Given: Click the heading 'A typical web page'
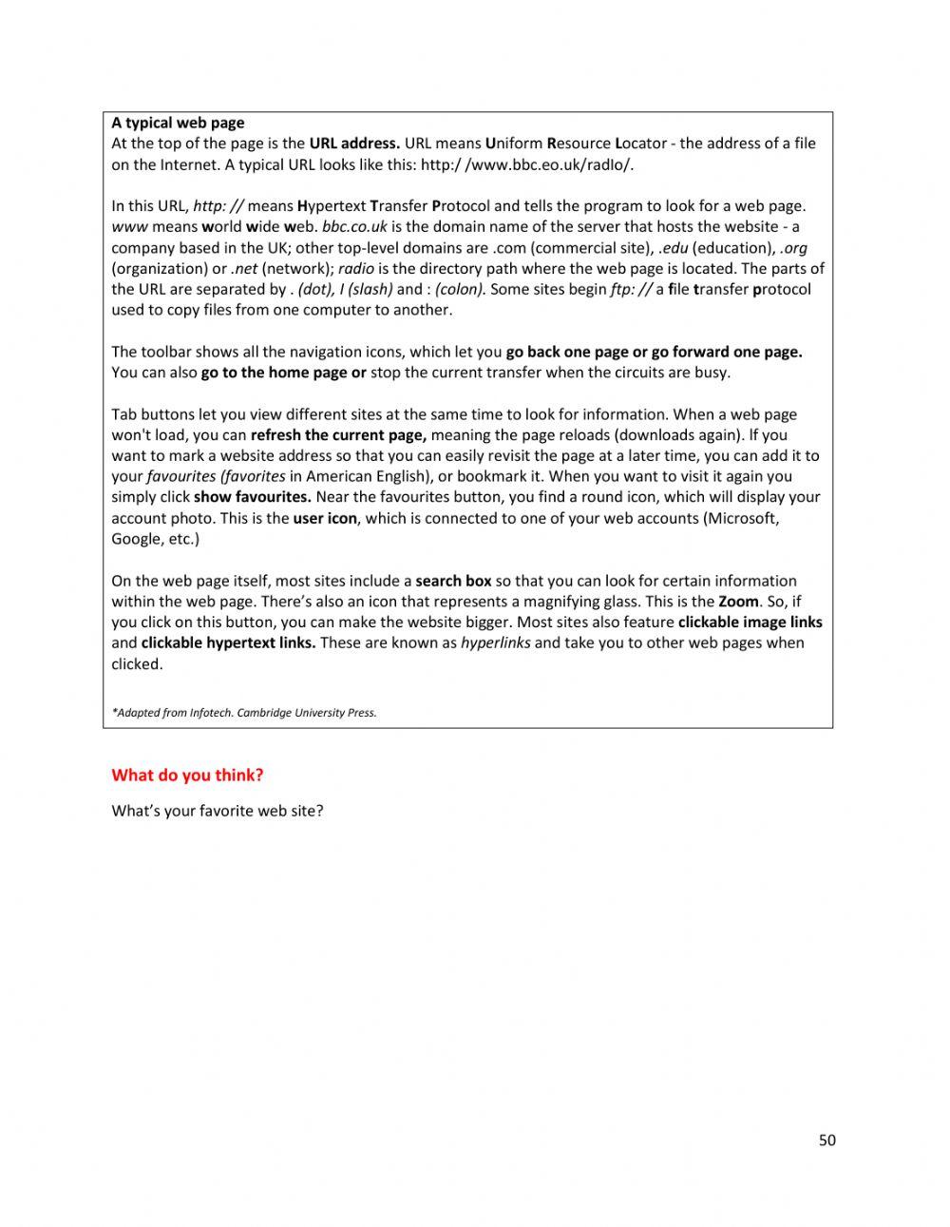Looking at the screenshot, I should (178, 123).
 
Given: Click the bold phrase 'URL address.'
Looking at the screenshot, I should (354, 144).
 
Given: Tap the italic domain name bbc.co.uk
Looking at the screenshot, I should (354, 227).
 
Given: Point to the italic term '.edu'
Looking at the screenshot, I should (673, 248).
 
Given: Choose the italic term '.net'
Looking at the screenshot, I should (244, 269).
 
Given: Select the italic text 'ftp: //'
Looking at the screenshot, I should (631, 290).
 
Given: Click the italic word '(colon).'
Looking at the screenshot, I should (460, 290).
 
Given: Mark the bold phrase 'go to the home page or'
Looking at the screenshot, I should (283, 373).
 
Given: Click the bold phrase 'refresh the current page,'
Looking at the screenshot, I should (339, 435).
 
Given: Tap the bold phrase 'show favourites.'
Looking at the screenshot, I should (253, 497).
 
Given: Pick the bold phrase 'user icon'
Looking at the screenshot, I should (325, 518).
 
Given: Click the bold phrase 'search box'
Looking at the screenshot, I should (453, 581).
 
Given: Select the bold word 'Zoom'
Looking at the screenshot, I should (738, 602).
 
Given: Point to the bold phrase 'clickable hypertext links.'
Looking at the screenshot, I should (228, 643).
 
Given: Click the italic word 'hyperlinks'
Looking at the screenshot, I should (495, 643).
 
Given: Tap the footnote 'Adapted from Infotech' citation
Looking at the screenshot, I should (244, 713).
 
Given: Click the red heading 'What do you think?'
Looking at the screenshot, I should (187, 776).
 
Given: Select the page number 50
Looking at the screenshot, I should (827, 1141).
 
